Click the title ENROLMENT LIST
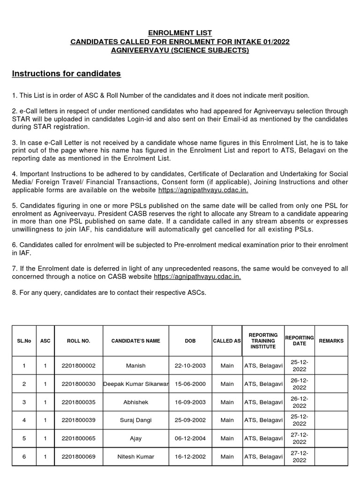(x=180, y=33)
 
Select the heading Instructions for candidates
(x=66, y=74)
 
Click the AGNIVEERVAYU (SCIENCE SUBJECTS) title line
(x=180, y=50)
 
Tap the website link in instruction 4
(x=203, y=190)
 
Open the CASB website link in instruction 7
(x=197, y=277)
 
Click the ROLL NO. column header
(x=78, y=341)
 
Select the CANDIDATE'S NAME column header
(x=135, y=341)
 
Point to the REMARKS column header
(x=331, y=341)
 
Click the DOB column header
(x=190, y=341)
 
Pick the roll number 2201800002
(x=78, y=366)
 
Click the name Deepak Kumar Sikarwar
(x=135, y=384)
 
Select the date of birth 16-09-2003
(x=190, y=402)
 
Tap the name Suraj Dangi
(x=135, y=420)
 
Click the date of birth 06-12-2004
(x=190, y=439)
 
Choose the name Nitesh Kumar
(x=135, y=457)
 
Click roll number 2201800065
(x=78, y=439)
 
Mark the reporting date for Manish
(x=299, y=366)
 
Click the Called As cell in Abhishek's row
(x=227, y=402)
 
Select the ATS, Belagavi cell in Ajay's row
(x=263, y=439)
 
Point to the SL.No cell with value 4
(x=24, y=420)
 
